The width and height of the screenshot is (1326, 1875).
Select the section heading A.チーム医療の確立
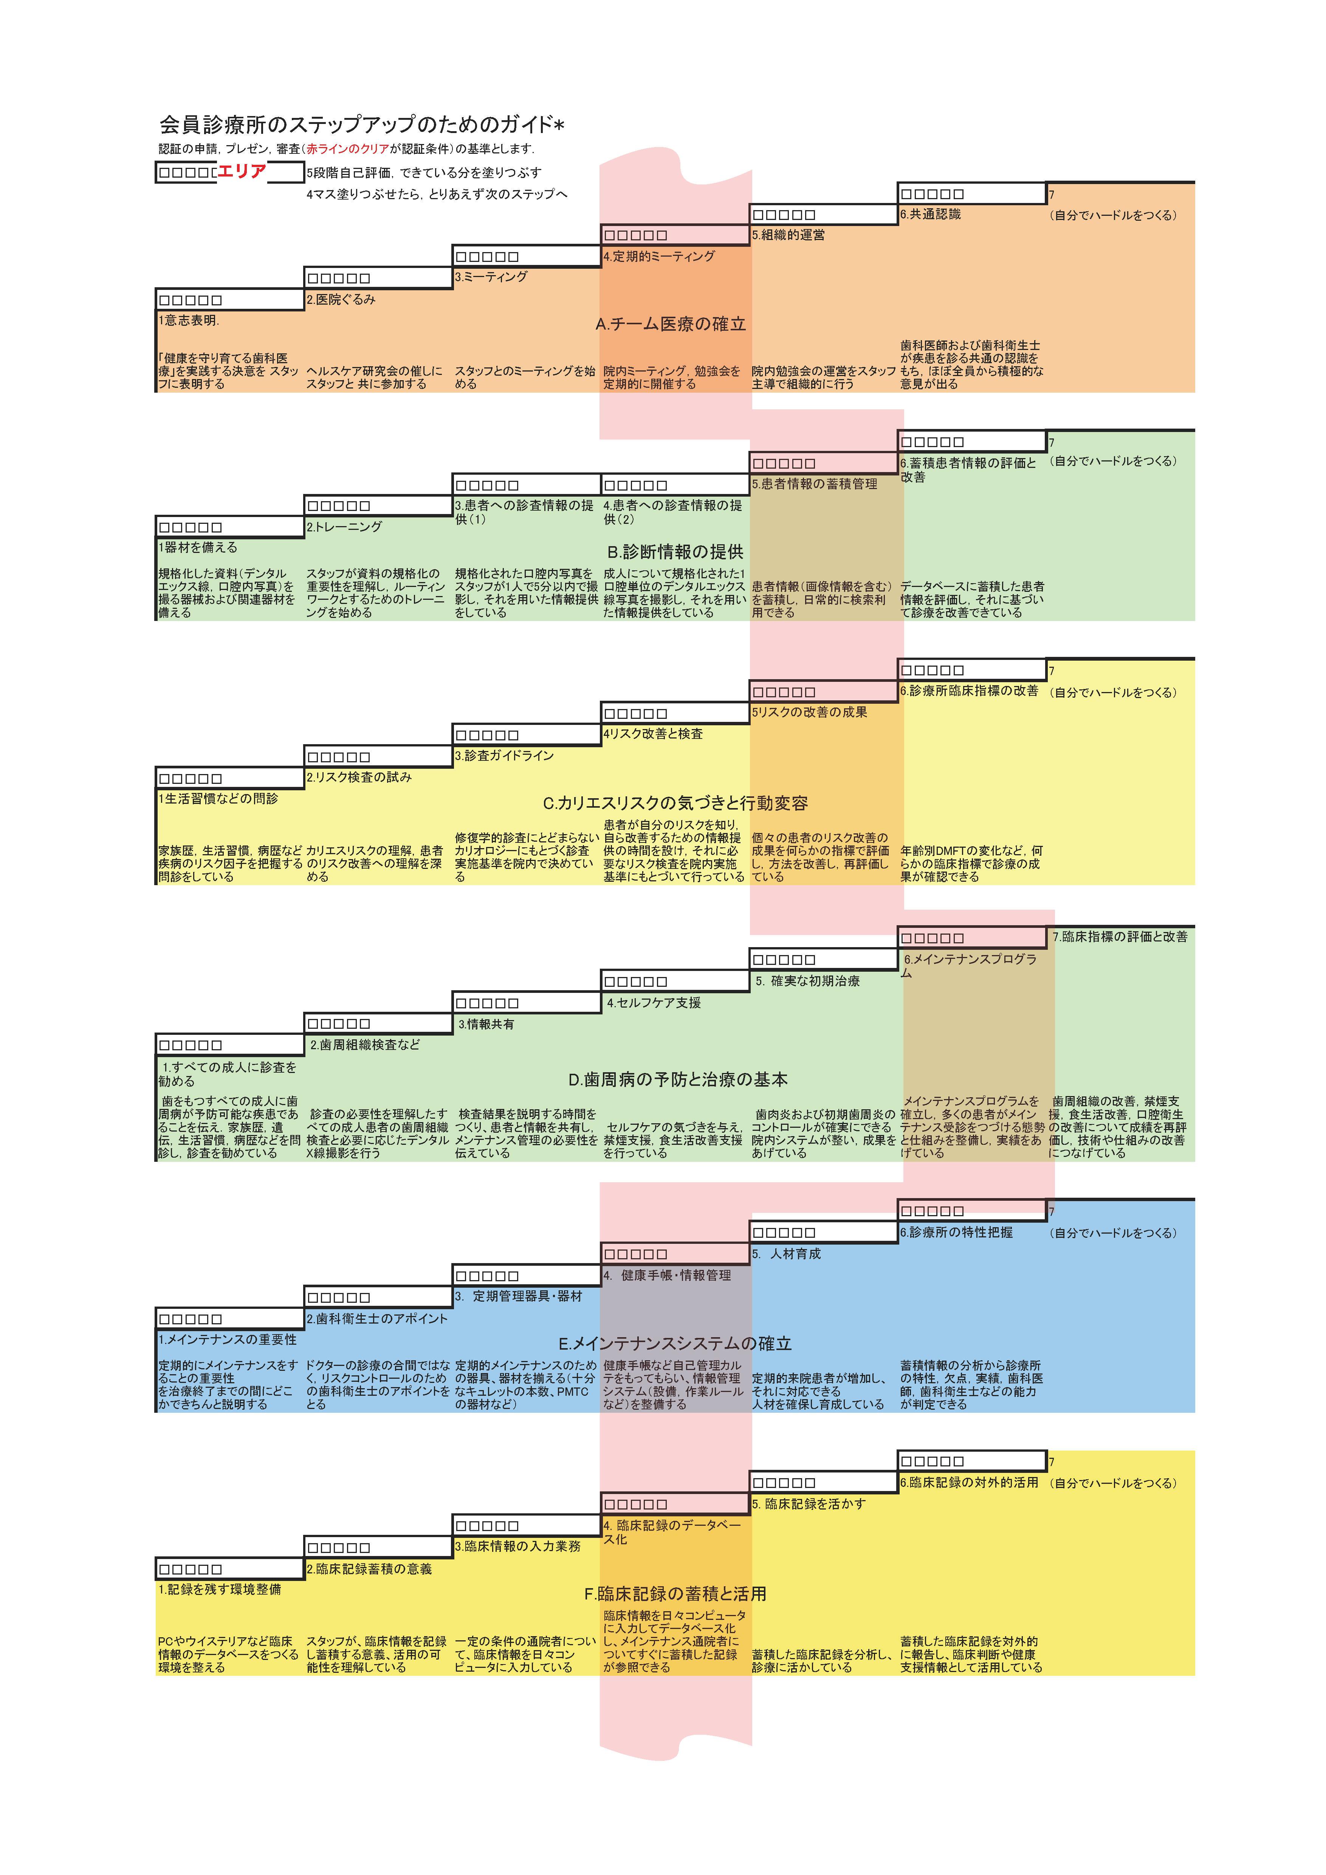point(670,324)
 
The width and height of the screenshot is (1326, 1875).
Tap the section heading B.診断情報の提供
point(674,552)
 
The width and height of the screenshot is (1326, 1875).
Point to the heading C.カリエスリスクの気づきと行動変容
point(675,804)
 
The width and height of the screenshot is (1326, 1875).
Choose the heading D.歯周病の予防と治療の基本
point(678,1079)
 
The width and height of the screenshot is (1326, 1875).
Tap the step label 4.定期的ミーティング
point(659,256)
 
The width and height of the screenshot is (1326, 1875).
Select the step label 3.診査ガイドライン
point(504,756)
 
